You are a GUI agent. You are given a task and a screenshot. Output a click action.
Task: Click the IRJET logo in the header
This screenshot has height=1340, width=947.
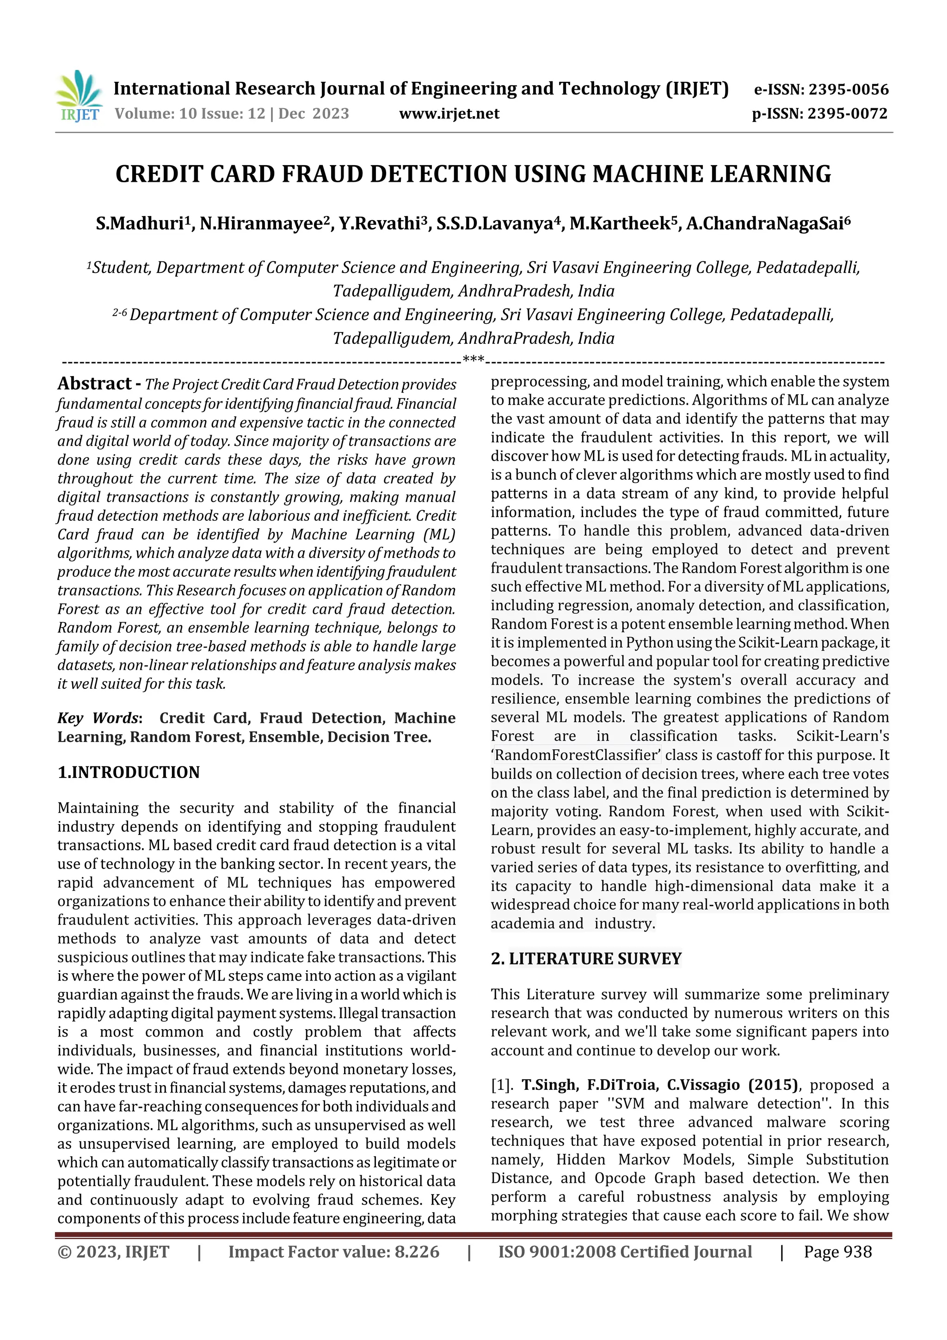click(78, 96)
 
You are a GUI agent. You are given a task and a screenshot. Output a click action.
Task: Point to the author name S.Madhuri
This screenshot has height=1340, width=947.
click(140, 223)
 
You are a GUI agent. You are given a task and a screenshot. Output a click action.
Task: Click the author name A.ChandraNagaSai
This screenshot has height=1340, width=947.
click(764, 223)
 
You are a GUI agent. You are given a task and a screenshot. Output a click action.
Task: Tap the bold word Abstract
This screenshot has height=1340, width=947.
click(94, 383)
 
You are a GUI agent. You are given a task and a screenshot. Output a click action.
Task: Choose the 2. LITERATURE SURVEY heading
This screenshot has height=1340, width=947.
click(586, 959)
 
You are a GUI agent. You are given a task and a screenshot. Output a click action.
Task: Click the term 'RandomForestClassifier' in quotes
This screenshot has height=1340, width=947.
click(577, 755)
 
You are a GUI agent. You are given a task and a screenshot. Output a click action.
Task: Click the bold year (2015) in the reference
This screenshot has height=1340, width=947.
click(773, 1085)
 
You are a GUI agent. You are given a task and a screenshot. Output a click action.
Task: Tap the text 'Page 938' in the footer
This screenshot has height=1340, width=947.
click(837, 1252)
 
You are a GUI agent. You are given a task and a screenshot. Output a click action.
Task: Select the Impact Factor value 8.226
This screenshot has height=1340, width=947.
click(417, 1252)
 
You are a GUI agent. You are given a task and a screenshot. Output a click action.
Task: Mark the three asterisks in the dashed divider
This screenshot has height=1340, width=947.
click(473, 359)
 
